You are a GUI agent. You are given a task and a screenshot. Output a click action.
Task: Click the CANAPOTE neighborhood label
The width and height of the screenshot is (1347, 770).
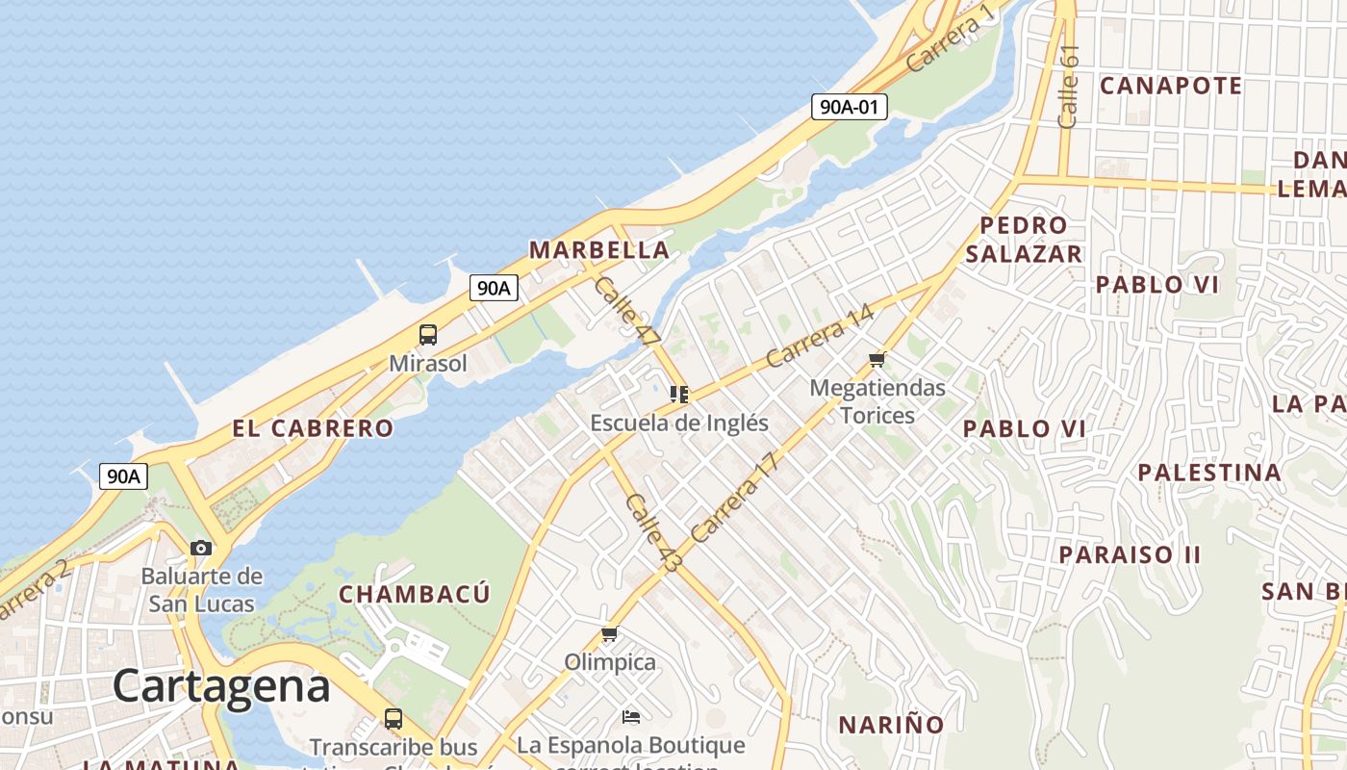point(1170,86)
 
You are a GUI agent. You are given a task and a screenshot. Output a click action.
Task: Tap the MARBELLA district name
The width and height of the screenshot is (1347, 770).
point(598,250)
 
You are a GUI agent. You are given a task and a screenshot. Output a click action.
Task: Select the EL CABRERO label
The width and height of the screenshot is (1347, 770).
point(313,428)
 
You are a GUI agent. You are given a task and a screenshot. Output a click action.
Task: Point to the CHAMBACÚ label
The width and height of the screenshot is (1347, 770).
point(414,594)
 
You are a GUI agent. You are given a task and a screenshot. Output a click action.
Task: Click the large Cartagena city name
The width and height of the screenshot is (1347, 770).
point(221,686)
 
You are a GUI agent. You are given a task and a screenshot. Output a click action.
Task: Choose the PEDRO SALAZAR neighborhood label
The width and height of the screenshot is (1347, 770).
point(1024,240)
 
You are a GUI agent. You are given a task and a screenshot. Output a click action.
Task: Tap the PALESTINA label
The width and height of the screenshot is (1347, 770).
point(1208,473)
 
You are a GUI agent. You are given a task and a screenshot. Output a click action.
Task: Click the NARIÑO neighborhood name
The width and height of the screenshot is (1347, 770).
point(890,725)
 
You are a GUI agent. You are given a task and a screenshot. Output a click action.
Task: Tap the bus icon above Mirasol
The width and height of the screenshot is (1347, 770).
point(428,335)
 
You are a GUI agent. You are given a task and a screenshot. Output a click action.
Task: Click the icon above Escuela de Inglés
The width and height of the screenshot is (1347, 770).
point(679,395)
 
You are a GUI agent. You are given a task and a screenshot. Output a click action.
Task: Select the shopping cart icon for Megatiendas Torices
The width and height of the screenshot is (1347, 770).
point(877,360)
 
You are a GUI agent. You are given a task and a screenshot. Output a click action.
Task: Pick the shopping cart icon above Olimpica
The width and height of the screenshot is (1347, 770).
point(609,634)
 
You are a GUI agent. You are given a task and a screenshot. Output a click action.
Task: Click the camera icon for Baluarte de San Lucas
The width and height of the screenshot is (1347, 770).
point(201,549)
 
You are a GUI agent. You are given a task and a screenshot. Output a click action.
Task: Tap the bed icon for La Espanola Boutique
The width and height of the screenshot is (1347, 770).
point(631,717)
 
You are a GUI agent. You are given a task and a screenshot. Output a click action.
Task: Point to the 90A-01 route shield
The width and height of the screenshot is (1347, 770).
point(849,107)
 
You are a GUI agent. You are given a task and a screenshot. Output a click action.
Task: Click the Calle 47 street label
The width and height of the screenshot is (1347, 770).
point(627,312)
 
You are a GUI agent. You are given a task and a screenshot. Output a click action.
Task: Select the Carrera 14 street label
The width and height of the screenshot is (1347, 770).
point(821,336)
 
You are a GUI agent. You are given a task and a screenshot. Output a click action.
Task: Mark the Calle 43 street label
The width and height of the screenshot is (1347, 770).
point(651,533)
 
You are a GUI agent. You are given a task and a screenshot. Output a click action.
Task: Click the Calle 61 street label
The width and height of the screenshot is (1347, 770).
point(1068,87)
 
